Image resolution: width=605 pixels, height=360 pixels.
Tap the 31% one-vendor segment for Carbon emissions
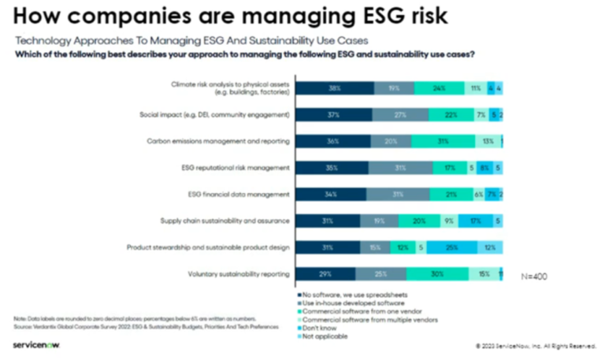tap(444, 141)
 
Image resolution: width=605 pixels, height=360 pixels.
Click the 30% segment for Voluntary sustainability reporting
tap(436, 273)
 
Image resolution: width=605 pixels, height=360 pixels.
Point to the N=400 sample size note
tap(536, 277)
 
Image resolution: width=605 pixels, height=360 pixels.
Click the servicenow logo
tap(37, 344)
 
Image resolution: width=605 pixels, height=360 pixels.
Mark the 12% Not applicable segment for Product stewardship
tap(490, 247)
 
